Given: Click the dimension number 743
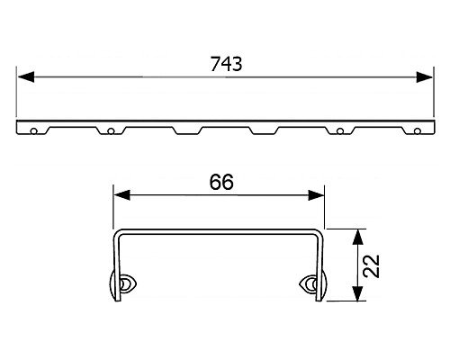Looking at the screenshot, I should click(226, 64).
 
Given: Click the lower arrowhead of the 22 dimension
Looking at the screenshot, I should click(358, 297).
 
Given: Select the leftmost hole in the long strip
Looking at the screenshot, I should click(33, 132).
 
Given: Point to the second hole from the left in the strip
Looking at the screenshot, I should click(110, 132).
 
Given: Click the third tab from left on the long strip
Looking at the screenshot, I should click(187, 131).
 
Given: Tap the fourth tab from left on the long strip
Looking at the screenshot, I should click(264, 131).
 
